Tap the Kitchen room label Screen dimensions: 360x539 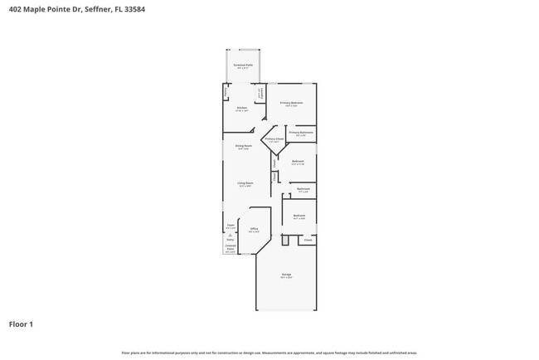[x=242, y=108]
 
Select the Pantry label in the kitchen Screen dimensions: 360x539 [x=260, y=93]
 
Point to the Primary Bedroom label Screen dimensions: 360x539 [x=291, y=103]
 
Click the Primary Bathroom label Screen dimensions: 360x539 [x=301, y=132]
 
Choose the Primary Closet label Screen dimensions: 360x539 [x=274, y=139]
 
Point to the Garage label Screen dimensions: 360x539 [x=285, y=275]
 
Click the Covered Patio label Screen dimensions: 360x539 [x=231, y=247]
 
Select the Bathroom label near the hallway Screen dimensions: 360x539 [x=303, y=188]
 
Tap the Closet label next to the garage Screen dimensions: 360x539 [x=308, y=240]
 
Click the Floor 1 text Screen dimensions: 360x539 [x=21, y=324]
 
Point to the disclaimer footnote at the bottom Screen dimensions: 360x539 [x=269, y=352]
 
